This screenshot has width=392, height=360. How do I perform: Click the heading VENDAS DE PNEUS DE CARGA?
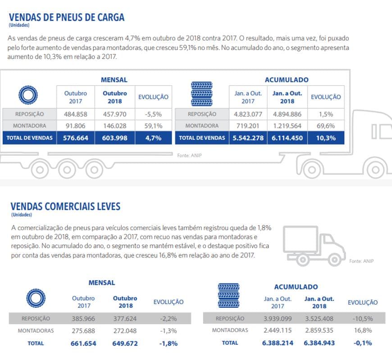click(x=67, y=18)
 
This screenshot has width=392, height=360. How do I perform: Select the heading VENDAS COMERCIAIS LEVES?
click(x=65, y=207)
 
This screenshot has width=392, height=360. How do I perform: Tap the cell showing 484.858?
click(x=76, y=114)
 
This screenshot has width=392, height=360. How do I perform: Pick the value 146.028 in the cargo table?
click(x=115, y=126)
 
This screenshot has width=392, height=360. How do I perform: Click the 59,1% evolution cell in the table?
click(x=153, y=126)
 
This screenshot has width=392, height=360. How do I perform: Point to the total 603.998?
click(x=115, y=138)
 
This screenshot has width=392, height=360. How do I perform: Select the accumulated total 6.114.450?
click(x=287, y=138)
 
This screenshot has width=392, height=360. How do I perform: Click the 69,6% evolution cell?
click(x=326, y=126)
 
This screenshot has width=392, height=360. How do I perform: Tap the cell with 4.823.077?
click(x=248, y=114)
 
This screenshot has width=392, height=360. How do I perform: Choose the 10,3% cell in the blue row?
click(x=326, y=138)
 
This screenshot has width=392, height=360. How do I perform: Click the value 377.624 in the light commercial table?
click(x=125, y=319)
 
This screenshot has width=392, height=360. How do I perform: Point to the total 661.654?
click(x=83, y=343)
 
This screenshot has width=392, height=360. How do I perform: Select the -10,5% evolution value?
click(x=363, y=319)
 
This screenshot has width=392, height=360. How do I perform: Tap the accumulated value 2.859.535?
click(x=319, y=331)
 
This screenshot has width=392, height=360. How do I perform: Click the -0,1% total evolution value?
click(x=363, y=343)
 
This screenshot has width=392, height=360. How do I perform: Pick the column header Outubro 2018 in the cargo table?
click(x=115, y=97)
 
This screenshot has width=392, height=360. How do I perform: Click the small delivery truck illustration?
click(x=314, y=246)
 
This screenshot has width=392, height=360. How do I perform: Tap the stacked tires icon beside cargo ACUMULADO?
click(x=202, y=94)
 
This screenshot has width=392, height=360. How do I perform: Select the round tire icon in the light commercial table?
click(x=36, y=298)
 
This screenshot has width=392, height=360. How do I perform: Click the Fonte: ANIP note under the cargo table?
click(x=190, y=156)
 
